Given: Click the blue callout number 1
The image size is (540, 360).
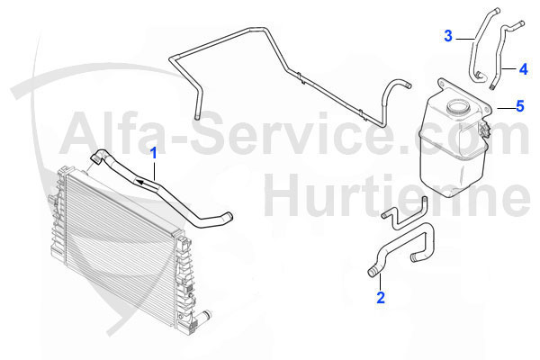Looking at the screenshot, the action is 154,153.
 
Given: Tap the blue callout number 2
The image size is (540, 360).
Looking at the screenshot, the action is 381,298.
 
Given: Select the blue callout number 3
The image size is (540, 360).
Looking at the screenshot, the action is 448,36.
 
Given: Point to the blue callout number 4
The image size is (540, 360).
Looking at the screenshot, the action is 524,69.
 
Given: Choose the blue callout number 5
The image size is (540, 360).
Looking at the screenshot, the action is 520,106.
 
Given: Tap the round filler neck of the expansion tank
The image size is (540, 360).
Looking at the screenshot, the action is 458,106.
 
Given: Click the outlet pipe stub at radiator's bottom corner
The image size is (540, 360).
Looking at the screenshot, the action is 205,315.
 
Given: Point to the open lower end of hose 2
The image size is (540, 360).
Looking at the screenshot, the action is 372,273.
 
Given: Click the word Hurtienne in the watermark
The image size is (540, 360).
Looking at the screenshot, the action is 397,195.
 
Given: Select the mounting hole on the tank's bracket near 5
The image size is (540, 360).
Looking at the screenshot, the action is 487,110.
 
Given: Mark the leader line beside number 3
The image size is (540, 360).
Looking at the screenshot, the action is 465,40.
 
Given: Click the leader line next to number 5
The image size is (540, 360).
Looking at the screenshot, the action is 506,108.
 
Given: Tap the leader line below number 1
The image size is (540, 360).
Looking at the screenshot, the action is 154,171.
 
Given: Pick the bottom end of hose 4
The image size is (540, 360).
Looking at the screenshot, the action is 492,87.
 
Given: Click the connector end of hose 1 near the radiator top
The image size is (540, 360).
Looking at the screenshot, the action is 95,157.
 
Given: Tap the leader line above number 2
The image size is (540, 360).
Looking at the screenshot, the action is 380,282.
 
